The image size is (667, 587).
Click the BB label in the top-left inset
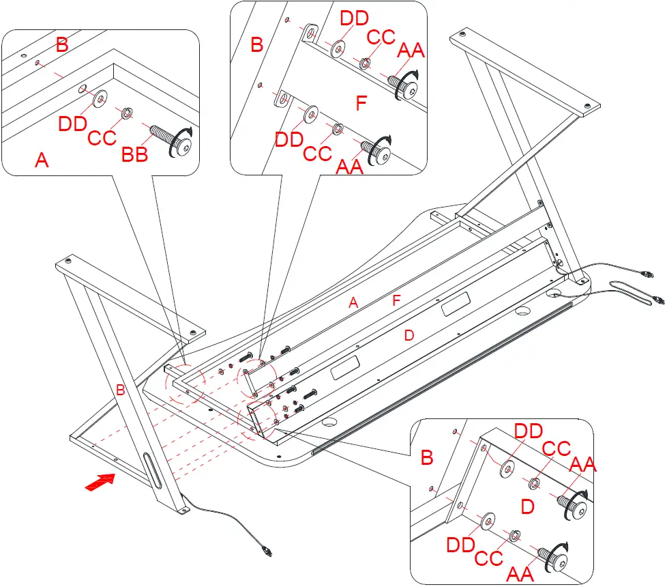(x=134, y=156)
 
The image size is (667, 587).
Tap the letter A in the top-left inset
(x=42, y=160)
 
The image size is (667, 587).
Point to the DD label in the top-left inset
(x=73, y=124)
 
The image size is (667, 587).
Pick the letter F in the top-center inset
(x=361, y=104)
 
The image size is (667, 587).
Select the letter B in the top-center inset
(x=256, y=46)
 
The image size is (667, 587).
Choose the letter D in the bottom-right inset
(x=527, y=506)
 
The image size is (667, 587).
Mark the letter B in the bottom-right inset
(x=427, y=457)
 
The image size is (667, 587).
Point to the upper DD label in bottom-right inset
(x=528, y=431)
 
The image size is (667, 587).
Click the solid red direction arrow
(x=100, y=481)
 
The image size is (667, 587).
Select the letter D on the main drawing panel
(x=409, y=335)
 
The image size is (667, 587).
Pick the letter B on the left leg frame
(x=120, y=390)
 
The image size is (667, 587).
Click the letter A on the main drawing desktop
(x=353, y=303)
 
